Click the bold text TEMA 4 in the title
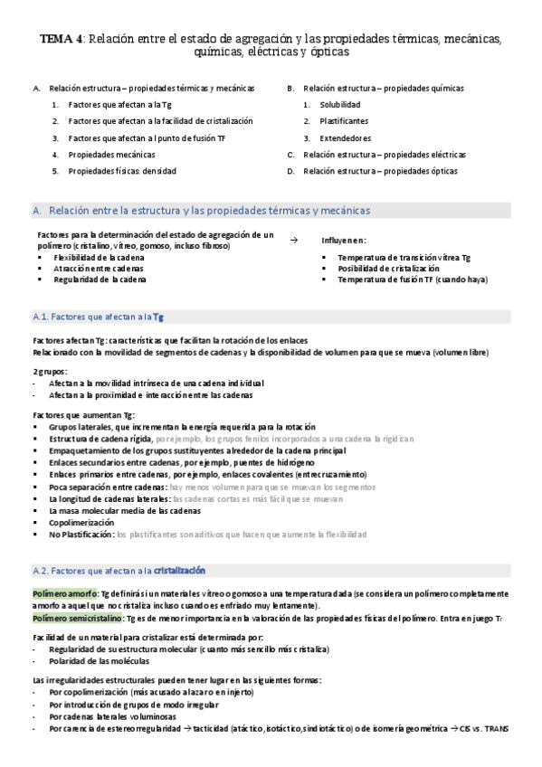pos(62,39)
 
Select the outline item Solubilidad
pos(340,105)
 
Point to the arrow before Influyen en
pos(293,240)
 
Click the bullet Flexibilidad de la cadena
pos(98,258)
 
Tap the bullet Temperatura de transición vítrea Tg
pos(404,258)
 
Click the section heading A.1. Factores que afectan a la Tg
pos(98,317)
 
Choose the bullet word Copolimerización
pos(82,523)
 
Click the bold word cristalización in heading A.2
pos(180,571)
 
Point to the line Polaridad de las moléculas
pos(100,661)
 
